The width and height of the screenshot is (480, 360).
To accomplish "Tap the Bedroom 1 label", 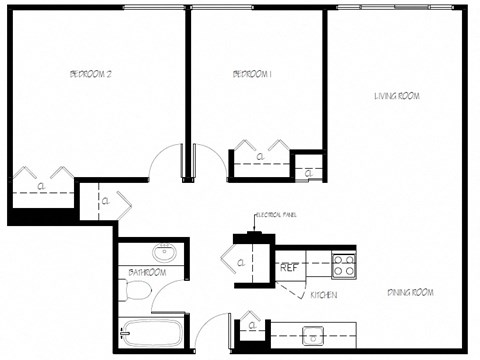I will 253,74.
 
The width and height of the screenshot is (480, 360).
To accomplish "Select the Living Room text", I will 397,96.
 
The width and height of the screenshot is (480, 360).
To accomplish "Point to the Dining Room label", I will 410,292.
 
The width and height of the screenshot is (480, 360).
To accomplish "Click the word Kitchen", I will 322,296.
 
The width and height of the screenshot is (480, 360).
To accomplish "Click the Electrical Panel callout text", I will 279,215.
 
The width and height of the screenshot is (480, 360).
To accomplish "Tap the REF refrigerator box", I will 289,268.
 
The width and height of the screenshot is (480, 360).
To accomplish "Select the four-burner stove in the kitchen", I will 344,266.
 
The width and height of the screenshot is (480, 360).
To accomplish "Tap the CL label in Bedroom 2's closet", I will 42,186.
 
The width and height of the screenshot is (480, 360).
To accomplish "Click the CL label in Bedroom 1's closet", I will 260,157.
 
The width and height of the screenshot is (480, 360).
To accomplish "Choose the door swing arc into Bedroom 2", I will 160,160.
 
